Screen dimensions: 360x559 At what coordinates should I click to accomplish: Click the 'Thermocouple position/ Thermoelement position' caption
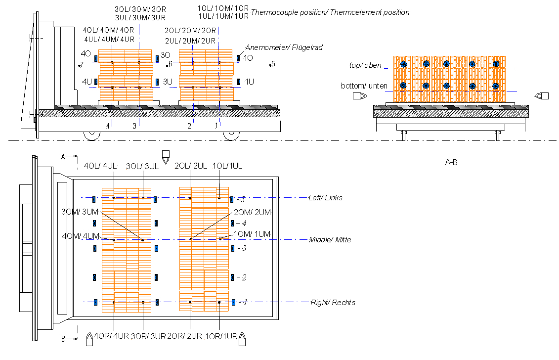point(330,12)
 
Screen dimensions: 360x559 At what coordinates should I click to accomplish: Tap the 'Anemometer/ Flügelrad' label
point(284,47)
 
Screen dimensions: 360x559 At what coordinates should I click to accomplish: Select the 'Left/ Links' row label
point(325,198)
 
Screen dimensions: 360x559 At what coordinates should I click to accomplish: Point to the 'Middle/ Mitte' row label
point(330,240)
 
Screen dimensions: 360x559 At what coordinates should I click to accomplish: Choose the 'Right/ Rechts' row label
point(333,302)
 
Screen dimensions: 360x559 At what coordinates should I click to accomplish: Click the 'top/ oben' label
point(365,65)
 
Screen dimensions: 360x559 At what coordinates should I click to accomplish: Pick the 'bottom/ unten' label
point(364,86)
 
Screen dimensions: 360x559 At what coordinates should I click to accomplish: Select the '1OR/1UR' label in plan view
point(222,336)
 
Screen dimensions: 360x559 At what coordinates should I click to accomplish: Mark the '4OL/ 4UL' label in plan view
point(101,166)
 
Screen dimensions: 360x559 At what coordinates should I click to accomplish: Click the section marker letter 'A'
point(63,156)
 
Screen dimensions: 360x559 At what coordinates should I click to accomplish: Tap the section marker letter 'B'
point(63,339)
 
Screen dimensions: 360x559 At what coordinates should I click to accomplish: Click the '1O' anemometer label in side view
point(249,58)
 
